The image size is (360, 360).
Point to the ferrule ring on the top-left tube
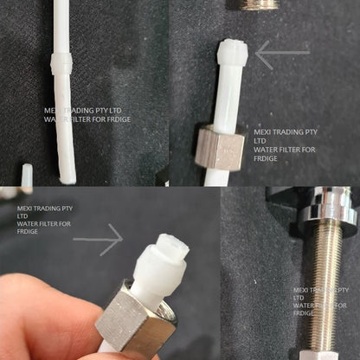(x=61, y=65)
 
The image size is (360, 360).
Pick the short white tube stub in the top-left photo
(x=26, y=177)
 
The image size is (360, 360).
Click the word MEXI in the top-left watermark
(x=52, y=112)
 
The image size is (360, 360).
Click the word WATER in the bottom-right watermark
(x=304, y=305)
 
